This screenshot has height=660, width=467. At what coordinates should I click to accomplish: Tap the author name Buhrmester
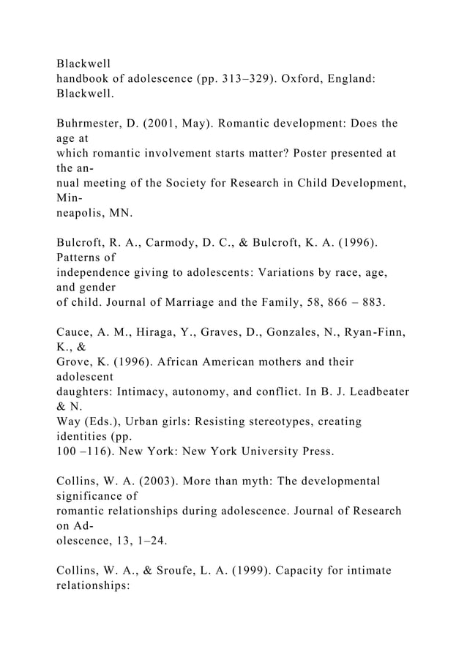pos(93,123)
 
